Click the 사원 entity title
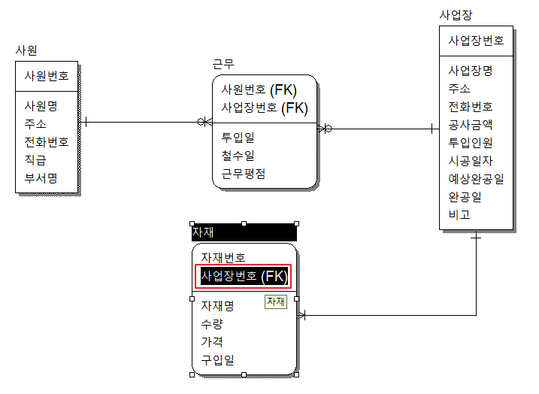tap(26, 50)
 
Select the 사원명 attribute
tap(41, 105)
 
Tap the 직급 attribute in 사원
tap(35, 159)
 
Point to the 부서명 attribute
tap(41, 177)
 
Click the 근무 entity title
tap(223, 65)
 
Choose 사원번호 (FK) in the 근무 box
tap(264, 89)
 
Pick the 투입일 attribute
tap(238, 138)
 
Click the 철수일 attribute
tap(238, 156)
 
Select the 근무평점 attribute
tap(244, 174)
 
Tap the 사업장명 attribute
tap(471, 71)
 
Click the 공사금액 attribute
tap(471, 124)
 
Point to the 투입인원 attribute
tap(471, 142)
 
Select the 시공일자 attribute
tap(471, 160)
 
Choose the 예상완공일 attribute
tap(476, 179)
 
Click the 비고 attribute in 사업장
tap(459, 215)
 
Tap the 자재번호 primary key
tap(223, 257)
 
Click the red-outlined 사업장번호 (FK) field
tap(243, 276)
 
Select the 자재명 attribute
tap(217, 306)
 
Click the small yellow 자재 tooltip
tap(276, 302)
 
